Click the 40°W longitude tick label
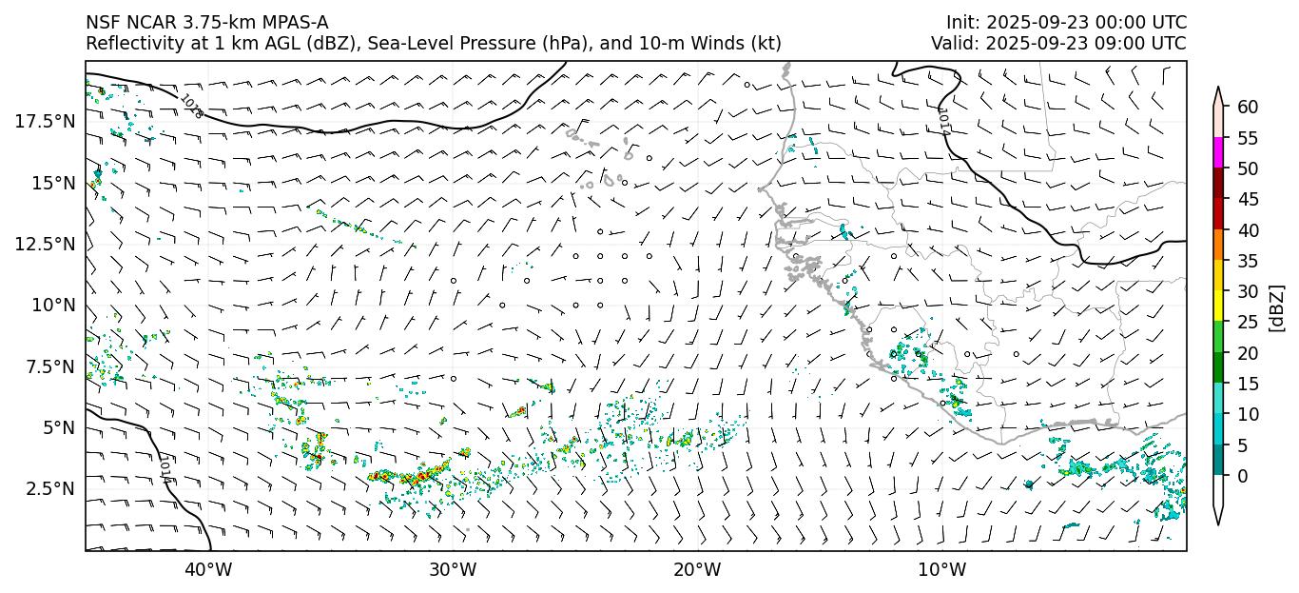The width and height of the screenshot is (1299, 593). (207, 570)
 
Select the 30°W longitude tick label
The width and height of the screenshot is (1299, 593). (453, 570)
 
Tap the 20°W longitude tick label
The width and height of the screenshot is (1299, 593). (697, 570)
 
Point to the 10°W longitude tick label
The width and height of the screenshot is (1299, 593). (942, 570)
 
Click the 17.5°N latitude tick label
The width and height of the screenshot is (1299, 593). (47, 121)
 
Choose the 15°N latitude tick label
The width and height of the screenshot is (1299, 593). (53, 183)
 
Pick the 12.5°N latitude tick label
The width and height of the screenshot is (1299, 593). (47, 244)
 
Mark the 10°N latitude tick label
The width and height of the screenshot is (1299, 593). (53, 305)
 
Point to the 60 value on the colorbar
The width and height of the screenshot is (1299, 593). (1248, 107)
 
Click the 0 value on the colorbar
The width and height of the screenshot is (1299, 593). (1242, 476)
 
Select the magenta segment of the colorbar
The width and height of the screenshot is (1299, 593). (1218, 153)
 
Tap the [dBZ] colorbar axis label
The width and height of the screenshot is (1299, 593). (1277, 307)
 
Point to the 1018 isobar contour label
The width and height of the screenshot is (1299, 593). (191, 105)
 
